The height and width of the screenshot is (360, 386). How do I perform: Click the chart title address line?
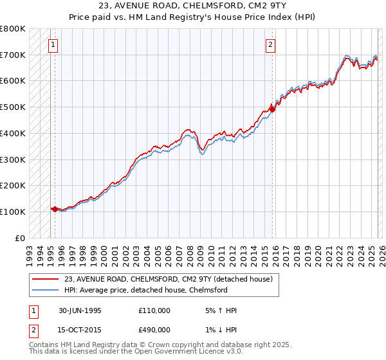(192, 6)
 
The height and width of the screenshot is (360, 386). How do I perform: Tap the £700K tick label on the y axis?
(13, 55)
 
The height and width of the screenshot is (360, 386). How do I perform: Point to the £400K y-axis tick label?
(13, 133)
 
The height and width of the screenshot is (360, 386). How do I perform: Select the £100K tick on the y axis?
(13, 212)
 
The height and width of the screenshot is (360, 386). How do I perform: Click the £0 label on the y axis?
(21, 238)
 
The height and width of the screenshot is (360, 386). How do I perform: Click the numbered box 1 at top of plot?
(53, 45)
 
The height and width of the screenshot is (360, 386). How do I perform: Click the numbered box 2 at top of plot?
(271, 45)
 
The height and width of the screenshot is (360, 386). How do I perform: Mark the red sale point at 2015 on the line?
(272, 109)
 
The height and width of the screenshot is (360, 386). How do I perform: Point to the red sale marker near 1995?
(55, 209)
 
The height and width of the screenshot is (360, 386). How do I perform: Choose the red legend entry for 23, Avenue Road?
(154, 279)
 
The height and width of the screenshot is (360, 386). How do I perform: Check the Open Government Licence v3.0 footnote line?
(136, 352)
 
